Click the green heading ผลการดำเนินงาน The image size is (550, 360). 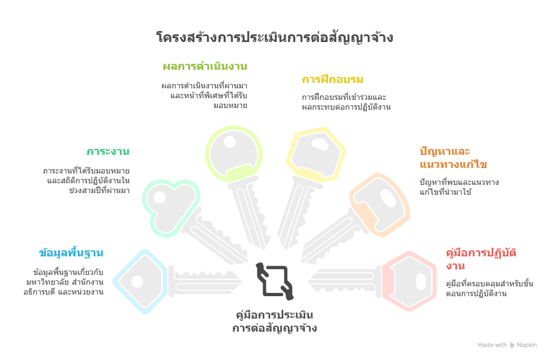click(205, 67)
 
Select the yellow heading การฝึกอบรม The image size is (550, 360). click(333, 80)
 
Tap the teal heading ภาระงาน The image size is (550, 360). click(107, 151)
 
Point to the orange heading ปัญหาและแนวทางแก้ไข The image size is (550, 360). click(453, 158)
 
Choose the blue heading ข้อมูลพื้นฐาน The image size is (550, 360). click(71, 253)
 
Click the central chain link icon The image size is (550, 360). click(275, 280)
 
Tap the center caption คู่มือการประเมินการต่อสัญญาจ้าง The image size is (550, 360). click(275, 322)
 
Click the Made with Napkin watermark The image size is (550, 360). click(507, 345)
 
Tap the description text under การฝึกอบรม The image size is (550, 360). click(346, 102)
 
